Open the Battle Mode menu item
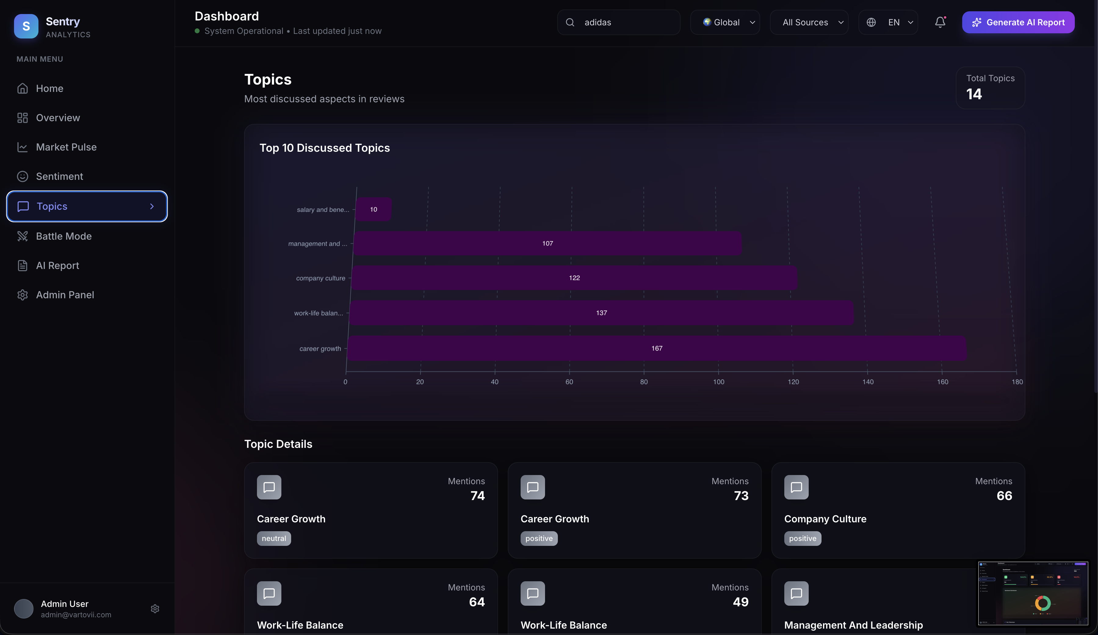pyautogui.click(x=63, y=236)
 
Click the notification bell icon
pyautogui.click(x=940, y=22)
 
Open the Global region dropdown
pyautogui.click(x=725, y=22)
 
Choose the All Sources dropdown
pyautogui.click(x=809, y=22)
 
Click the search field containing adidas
pyautogui.click(x=619, y=22)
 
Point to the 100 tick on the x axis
pyautogui.click(x=718, y=382)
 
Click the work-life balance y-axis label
pyautogui.click(x=319, y=313)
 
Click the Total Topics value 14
pyautogui.click(x=974, y=94)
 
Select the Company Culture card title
pyautogui.click(x=825, y=519)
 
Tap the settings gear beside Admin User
pyautogui.click(x=155, y=609)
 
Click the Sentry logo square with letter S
pyautogui.click(x=26, y=26)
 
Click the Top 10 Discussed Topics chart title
pyautogui.click(x=325, y=148)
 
